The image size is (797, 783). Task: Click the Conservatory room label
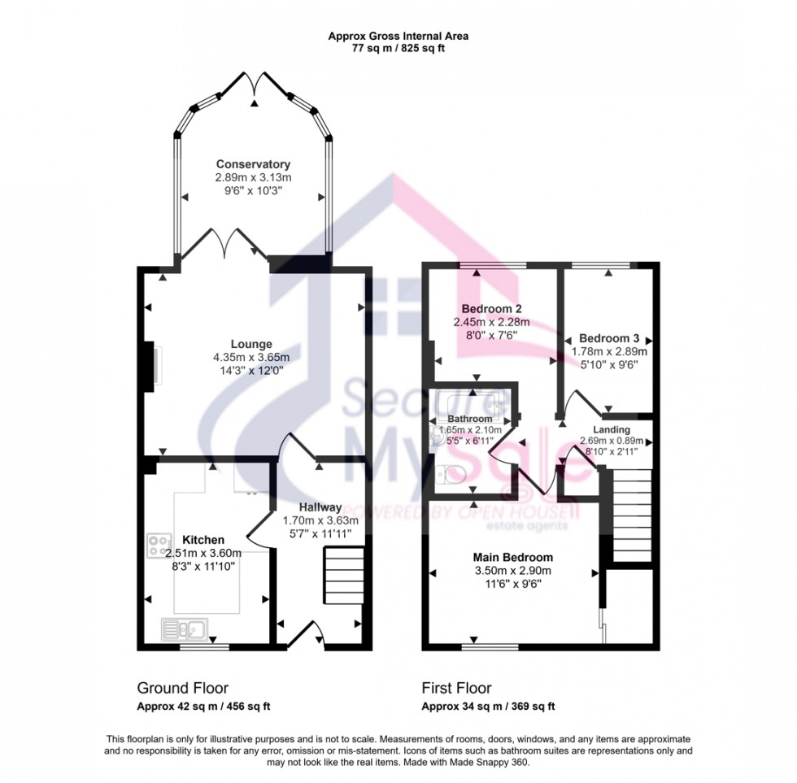tap(253, 164)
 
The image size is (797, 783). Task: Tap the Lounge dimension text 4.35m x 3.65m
tap(252, 357)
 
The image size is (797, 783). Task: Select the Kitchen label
tap(203, 540)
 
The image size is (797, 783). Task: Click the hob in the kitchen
tap(159, 545)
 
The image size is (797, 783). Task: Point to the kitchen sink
tap(185, 628)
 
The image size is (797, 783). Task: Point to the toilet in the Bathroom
tap(449, 473)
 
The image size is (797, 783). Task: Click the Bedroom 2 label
tap(491, 309)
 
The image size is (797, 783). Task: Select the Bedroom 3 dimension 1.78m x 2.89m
tap(608, 352)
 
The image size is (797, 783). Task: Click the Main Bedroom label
tap(513, 558)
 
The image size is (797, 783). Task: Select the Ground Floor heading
tap(183, 688)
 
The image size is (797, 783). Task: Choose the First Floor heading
tap(456, 688)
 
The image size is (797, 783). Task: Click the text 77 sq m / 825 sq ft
tap(398, 48)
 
